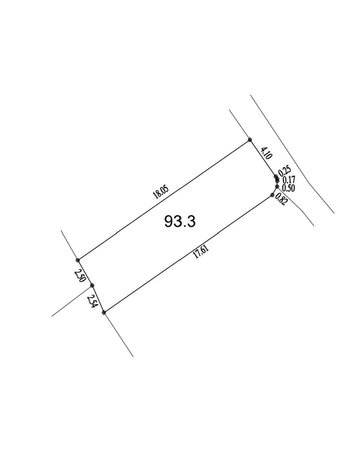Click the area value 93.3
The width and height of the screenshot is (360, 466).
click(180, 221)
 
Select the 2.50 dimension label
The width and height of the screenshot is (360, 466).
click(80, 275)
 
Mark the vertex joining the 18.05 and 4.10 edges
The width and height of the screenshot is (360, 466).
click(250, 140)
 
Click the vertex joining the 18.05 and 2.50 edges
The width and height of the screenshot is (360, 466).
click(78, 260)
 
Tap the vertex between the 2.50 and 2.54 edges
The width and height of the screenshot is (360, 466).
click(92, 285)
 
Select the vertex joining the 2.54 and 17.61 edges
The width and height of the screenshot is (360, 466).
click(104, 312)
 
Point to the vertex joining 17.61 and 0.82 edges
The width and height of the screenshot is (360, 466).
click(272, 195)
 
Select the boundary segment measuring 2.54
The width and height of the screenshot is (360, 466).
click(98, 299)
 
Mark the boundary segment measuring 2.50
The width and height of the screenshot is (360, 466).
click(85, 273)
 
